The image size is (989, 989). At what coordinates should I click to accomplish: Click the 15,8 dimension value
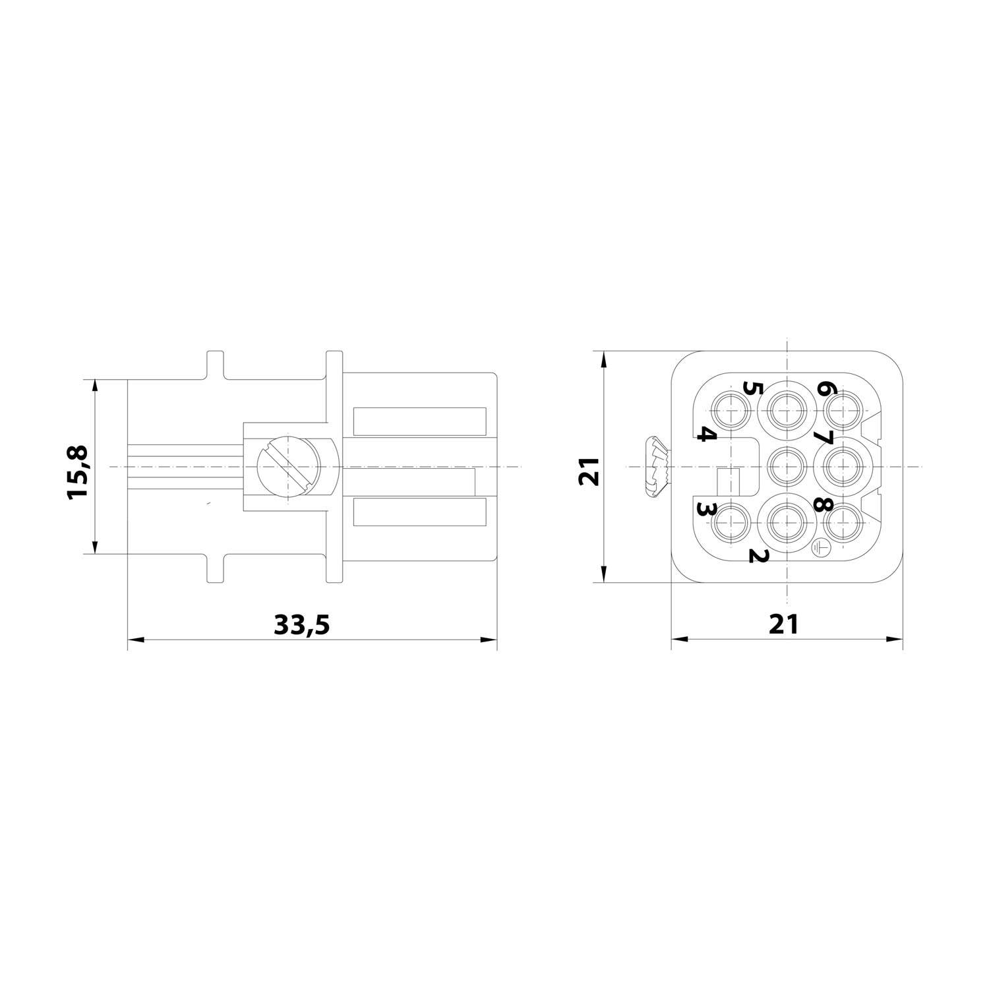77,472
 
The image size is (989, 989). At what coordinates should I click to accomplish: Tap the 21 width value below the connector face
783,624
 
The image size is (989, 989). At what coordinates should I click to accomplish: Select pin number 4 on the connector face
706,435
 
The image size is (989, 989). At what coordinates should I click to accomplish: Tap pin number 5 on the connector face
749,387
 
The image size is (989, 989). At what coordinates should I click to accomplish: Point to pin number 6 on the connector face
823,387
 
